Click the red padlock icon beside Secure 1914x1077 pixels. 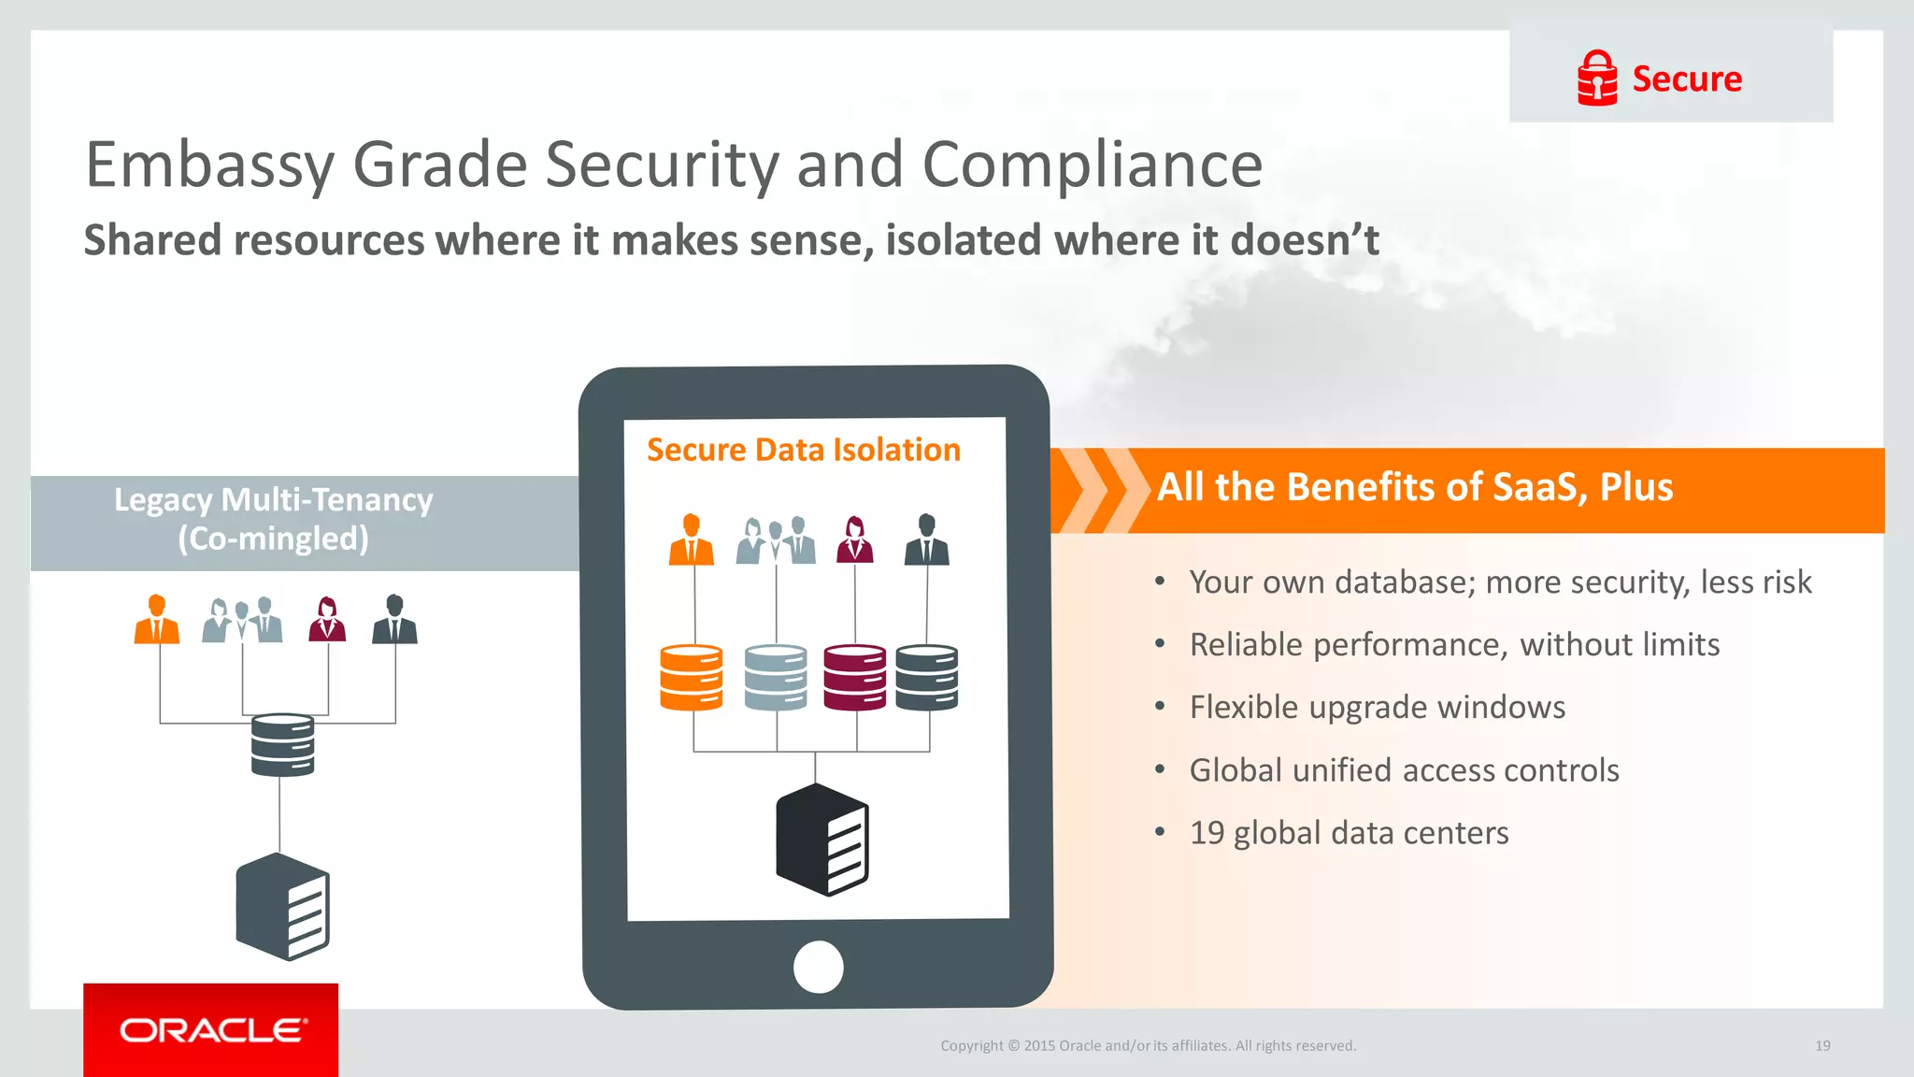point(1596,79)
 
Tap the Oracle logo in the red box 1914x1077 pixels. point(212,1030)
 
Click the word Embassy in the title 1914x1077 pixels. point(209,165)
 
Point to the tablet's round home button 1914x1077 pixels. point(818,967)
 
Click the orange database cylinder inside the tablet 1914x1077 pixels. point(692,677)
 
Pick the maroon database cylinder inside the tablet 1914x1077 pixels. point(854,677)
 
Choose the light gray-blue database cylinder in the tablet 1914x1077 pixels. point(776,677)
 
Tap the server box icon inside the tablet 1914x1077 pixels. point(822,840)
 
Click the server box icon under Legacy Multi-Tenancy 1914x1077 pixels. point(282,906)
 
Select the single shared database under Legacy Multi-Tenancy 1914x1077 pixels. point(282,744)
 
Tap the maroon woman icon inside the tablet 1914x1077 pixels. point(854,539)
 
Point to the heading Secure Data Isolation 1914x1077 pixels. point(803,450)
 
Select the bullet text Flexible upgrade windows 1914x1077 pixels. point(1377,708)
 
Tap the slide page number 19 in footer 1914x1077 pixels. point(1822,1045)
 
